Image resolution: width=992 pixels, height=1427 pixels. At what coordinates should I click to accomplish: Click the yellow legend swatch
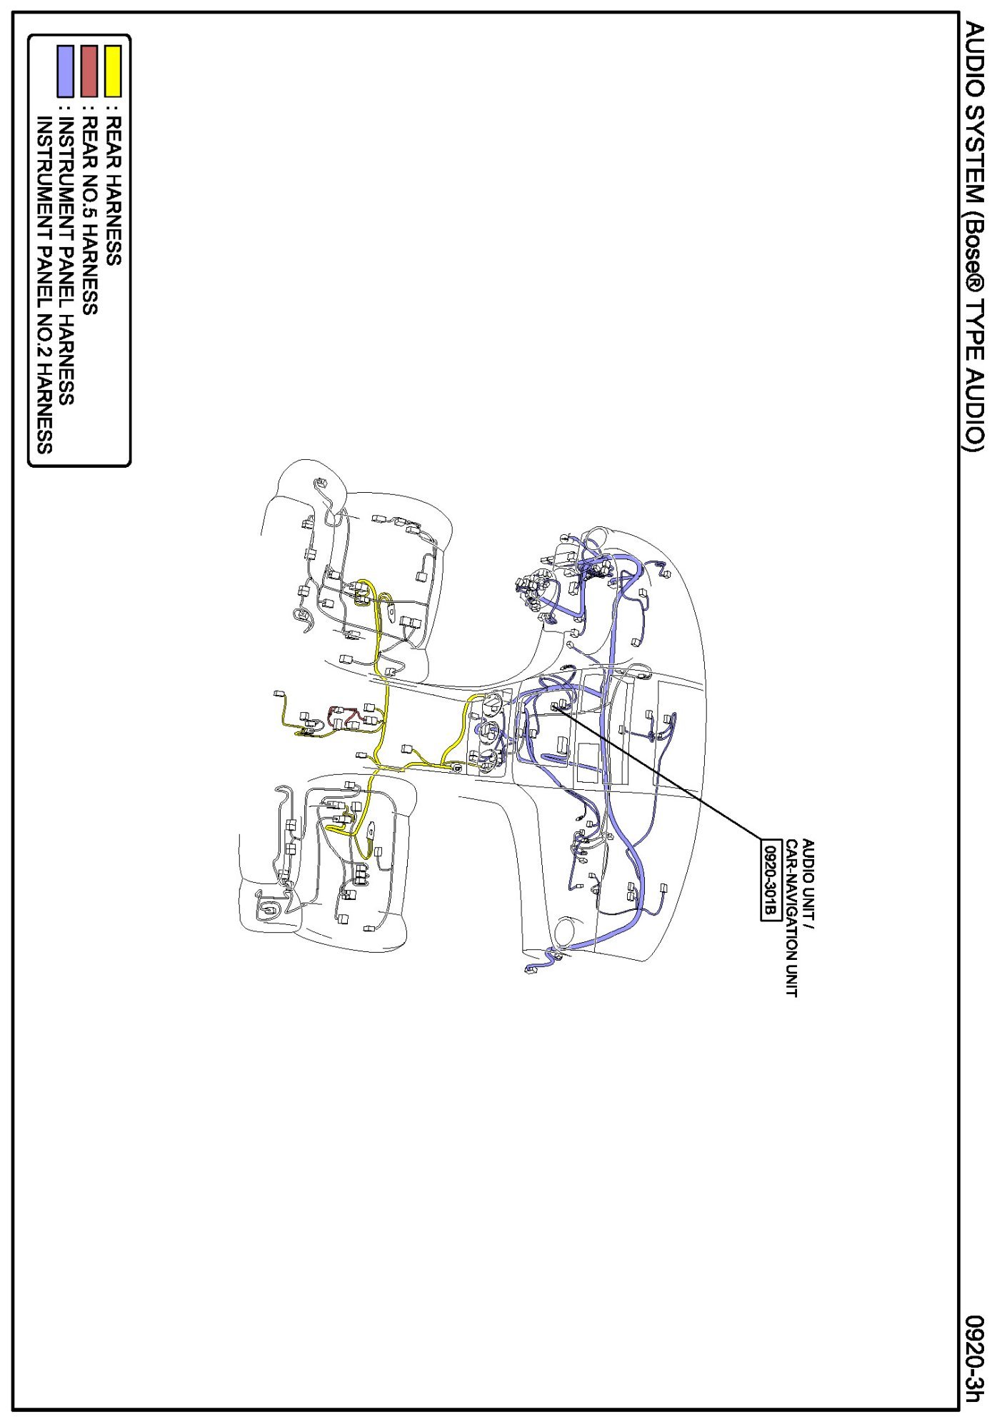[113, 71]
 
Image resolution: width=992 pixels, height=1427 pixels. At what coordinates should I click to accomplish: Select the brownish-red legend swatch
[89, 71]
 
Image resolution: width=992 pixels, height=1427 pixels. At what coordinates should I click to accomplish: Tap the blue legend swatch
[65, 71]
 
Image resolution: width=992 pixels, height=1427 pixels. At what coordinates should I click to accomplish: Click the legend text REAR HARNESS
[113, 191]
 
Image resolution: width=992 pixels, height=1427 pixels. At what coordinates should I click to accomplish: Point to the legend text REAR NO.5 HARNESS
[89, 215]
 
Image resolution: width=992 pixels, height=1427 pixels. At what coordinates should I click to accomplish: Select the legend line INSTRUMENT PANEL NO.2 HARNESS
[44, 285]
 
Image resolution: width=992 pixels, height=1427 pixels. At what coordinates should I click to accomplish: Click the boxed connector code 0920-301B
[770, 880]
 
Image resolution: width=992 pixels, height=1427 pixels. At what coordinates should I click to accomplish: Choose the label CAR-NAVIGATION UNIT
[791, 918]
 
